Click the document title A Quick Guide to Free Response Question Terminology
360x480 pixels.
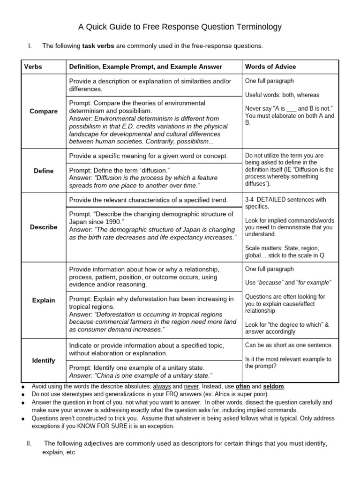tap(180, 27)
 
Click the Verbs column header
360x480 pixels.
tap(33, 67)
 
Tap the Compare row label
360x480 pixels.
tap(44, 111)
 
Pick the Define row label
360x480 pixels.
tap(44, 171)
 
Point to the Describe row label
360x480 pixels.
tap(44, 227)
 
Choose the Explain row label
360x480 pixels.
tap(44, 300)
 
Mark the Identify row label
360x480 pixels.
tap(44, 360)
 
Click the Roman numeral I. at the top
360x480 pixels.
tap(30, 46)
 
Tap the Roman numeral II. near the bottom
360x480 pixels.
tap(28, 443)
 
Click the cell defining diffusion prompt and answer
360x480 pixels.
tap(153, 178)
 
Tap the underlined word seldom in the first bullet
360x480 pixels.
tap(274, 387)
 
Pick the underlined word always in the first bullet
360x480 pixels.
tap(162, 387)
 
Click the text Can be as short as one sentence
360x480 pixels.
tap(289, 345)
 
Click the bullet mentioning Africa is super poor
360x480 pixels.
tap(150, 395)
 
